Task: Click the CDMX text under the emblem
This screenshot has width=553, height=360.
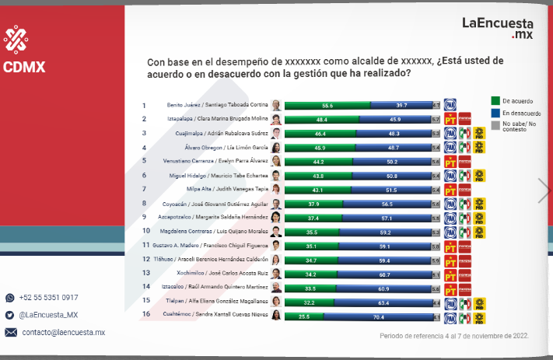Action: point(23,67)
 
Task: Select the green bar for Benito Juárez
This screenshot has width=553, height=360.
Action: point(327,105)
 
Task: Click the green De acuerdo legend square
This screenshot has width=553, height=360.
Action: point(496,100)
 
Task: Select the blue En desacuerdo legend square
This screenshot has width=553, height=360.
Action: point(496,113)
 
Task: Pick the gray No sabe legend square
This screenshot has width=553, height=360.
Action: point(496,124)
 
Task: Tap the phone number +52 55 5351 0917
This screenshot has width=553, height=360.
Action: point(48,298)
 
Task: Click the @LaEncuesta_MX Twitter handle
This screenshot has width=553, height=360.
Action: point(48,315)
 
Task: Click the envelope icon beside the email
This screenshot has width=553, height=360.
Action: point(10,332)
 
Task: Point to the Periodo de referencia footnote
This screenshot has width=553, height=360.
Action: point(454,336)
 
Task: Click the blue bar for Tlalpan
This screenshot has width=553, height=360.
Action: point(383,302)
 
